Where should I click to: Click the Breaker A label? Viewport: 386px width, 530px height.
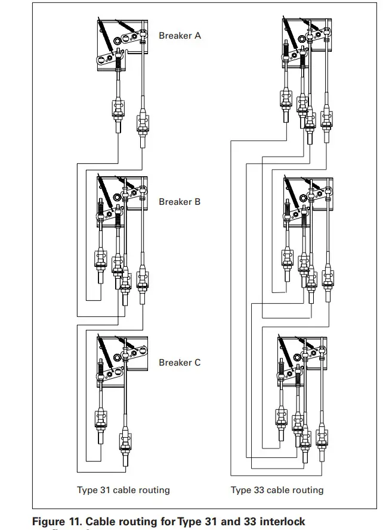[180, 36]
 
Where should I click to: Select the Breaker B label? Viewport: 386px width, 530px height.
[180, 202]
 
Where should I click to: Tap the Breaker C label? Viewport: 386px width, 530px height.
[180, 362]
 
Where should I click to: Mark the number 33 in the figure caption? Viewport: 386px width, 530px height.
[248, 522]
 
